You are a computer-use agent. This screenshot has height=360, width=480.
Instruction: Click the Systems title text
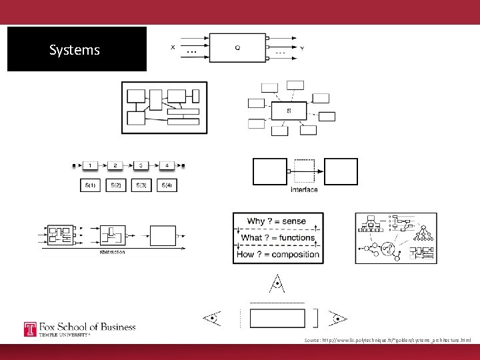pos(75,50)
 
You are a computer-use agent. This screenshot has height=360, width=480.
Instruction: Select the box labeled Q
pos(237,47)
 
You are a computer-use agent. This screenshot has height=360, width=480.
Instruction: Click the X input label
pos(173,47)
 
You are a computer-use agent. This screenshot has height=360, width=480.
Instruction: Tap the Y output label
pos(302,48)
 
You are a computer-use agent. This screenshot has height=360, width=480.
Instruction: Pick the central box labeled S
pos(288,111)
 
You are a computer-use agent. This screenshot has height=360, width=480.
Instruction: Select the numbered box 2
pos(115,165)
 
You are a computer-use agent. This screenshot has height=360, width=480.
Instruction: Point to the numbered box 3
pos(141,165)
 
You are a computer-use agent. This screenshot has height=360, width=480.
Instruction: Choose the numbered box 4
pos(167,165)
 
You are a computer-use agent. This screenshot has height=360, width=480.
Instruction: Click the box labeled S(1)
pos(90,185)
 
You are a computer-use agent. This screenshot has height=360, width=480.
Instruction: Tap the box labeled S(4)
pos(167,185)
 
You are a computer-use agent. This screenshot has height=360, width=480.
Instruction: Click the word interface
pos(305,190)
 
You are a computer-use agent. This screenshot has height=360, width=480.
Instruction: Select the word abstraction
pos(112,252)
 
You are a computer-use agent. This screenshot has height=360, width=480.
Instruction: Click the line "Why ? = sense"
pos(277,221)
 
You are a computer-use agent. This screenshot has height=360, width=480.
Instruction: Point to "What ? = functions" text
pos(277,237)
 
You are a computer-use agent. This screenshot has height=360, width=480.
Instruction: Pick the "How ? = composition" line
pos(278,254)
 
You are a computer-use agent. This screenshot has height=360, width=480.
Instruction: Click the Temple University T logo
pos(31,329)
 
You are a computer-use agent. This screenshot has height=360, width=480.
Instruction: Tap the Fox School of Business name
pos(87,327)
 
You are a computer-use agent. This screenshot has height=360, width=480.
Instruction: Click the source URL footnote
pos(387,340)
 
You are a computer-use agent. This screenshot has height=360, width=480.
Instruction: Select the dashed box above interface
pos(305,171)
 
